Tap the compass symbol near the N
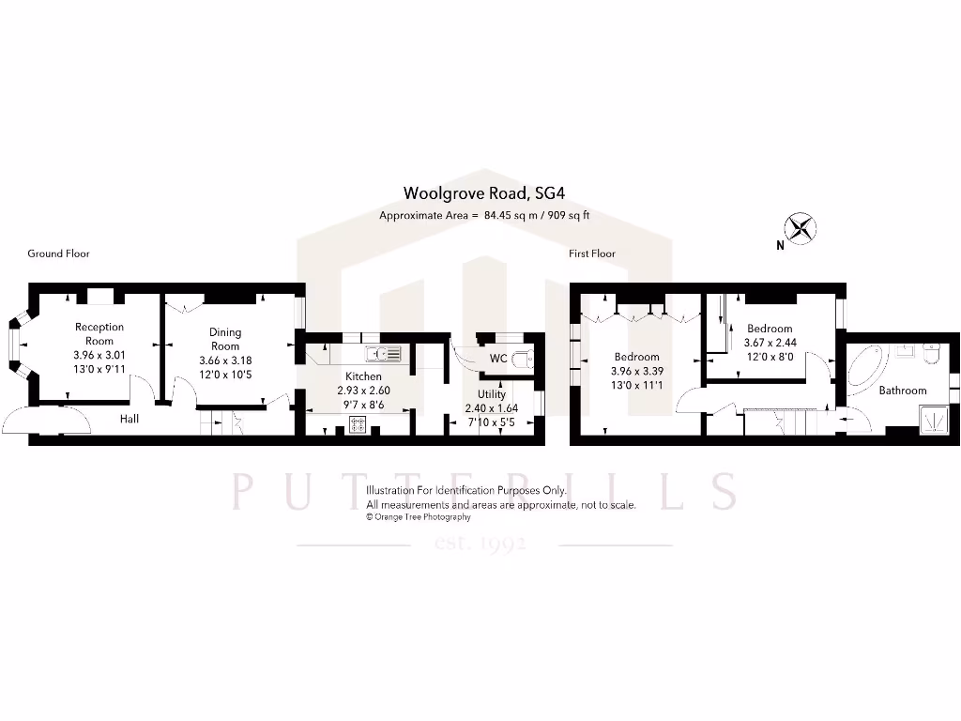801,227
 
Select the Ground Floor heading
58,253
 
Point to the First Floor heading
592,253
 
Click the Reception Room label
99,333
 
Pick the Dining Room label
225,338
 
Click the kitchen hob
358,424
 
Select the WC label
499,360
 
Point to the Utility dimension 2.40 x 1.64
492,408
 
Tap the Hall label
130,419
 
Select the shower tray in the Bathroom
934,418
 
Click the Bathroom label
903,391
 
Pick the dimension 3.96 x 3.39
638,371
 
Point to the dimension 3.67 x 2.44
770,343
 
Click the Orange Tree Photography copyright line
419,516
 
